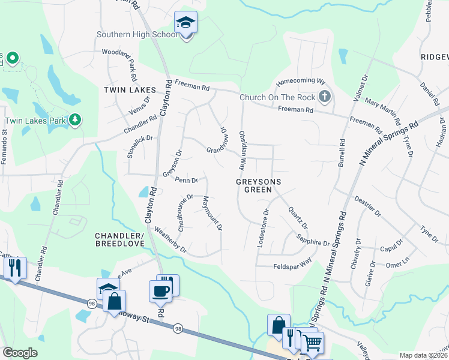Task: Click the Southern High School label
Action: [x=137, y=34]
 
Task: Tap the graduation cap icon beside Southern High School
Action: [x=186, y=23]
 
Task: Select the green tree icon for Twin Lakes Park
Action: [x=75, y=120]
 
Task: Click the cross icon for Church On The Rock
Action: [x=324, y=97]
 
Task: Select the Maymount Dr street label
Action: [x=212, y=214]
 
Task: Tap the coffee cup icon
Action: [x=160, y=292]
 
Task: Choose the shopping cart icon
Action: [x=312, y=343]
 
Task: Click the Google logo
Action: [x=20, y=353]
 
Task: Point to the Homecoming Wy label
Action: [x=300, y=82]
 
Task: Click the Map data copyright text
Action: [x=423, y=355]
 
